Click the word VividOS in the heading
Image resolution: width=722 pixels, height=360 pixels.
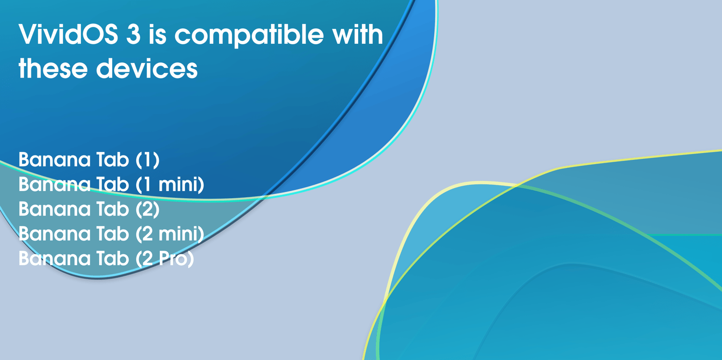pos(68,34)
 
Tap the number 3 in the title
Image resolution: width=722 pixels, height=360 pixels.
pos(133,34)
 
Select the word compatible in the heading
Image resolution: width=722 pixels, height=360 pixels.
pos(249,35)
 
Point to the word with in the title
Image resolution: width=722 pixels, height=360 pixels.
pos(358,34)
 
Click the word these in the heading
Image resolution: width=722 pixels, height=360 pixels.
pos(53,68)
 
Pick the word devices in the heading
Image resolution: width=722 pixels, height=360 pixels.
pos(147,68)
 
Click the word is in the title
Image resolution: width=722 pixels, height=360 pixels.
pos(157,34)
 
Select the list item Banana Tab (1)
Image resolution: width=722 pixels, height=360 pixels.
pos(89,159)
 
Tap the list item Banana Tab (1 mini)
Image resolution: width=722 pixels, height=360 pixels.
pos(111,184)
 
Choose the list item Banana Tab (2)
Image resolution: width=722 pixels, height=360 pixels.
pos(89,209)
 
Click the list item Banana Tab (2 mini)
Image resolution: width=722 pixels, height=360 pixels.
pos(111,234)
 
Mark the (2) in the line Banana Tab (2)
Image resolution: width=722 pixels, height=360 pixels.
pos(147,209)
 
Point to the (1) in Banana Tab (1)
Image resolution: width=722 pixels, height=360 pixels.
pos(147,159)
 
